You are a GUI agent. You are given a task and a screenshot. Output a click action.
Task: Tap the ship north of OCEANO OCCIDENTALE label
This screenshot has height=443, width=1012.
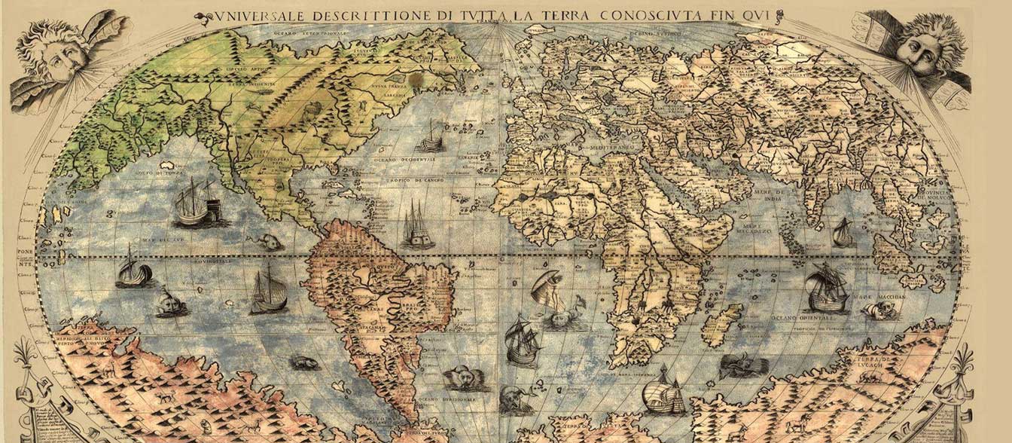pyautogui.click(x=431, y=137)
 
